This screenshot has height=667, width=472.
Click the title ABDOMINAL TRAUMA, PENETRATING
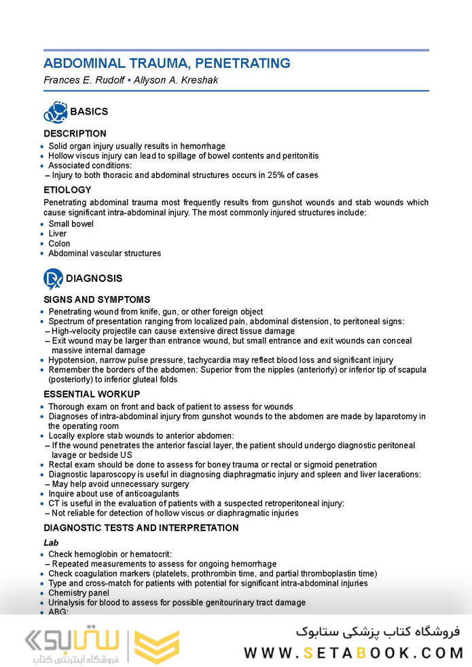click(x=166, y=64)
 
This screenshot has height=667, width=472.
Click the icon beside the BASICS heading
click(x=54, y=111)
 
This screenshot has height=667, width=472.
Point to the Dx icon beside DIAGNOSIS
click(x=53, y=278)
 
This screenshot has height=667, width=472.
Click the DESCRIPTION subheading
click(x=75, y=134)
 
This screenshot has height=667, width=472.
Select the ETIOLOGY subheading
click(x=67, y=190)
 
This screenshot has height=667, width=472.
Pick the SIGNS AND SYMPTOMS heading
click(x=96, y=300)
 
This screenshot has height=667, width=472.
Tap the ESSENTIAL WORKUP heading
click(x=92, y=394)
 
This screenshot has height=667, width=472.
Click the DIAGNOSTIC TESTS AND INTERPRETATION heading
click(x=141, y=528)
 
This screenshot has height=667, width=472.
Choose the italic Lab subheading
click(x=51, y=543)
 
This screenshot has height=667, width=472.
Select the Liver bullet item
click(x=58, y=234)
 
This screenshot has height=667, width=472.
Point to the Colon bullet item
click(x=59, y=243)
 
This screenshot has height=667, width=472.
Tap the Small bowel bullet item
click(x=71, y=223)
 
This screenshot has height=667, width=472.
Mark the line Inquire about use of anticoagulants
click(x=113, y=494)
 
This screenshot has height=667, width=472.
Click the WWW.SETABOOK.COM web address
click(x=353, y=653)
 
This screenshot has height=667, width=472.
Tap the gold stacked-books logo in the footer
click(x=157, y=646)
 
